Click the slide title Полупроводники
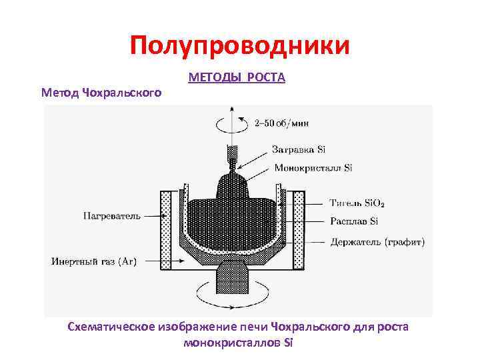tap(240, 46)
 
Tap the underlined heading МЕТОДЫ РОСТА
tap(237, 78)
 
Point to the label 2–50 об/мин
tap(281, 123)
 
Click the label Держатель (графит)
tap(377, 241)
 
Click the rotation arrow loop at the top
tap(231, 124)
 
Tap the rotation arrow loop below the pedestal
tap(231, 291)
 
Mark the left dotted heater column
tap(165, 230)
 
